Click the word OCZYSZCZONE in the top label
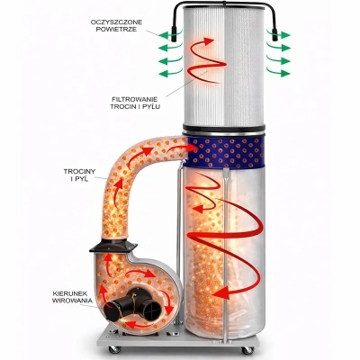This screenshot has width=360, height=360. [x=117, y=22]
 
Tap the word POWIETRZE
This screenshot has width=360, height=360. [x=118, y=30]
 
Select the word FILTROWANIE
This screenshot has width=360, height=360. [x=135, y=99]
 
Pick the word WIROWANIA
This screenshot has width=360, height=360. [x=72, y=301]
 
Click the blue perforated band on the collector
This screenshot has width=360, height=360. [x=225, y=152]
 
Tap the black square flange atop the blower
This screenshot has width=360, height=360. [x=113, y=246]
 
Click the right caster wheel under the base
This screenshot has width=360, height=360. [x=247, y=350]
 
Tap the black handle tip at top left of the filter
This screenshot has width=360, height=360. [x=174, y=34]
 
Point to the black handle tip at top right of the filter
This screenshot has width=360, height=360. [x=274, y=34]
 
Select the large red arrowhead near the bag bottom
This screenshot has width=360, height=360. [x=221, y=292]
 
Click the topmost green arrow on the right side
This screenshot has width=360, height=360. [x=278, y=35]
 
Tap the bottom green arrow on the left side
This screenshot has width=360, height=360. [x=170, y=73]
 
